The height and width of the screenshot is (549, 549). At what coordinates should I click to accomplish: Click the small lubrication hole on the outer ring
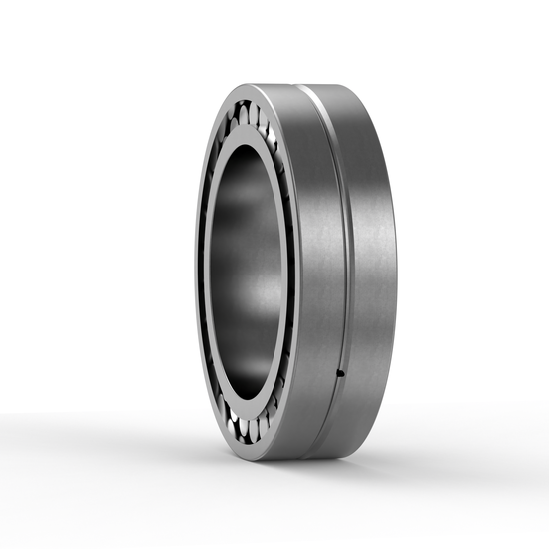tap(340, 374)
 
